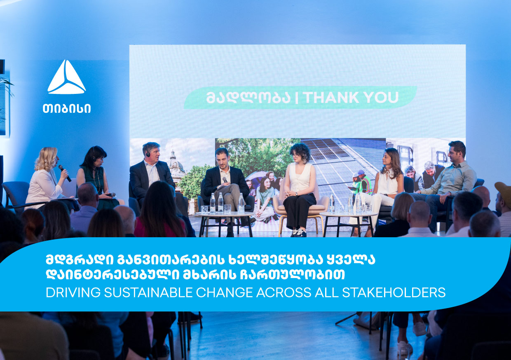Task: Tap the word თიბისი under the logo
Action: tap(66, 108)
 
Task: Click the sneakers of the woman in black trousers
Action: tap(300, 233)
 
